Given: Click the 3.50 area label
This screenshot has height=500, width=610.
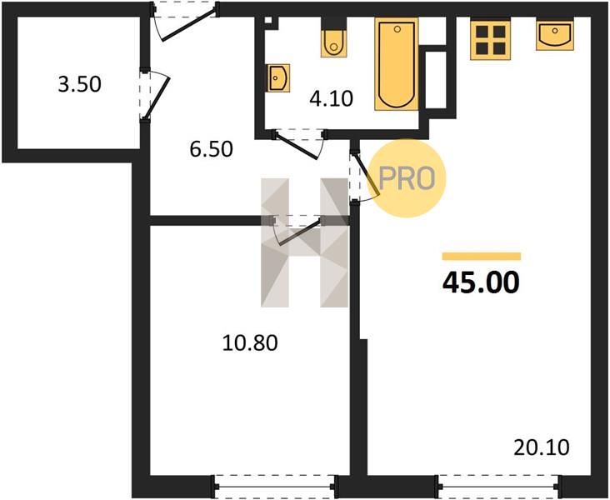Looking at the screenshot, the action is tap(79, 84).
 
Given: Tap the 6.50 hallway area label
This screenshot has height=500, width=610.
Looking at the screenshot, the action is tap(211, 149).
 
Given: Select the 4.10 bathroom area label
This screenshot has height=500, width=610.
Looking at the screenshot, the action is tap(331, 98).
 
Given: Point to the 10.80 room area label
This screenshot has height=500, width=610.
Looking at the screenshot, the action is tap(250, 343).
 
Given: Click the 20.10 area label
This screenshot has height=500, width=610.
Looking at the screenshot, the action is tap(541, 447).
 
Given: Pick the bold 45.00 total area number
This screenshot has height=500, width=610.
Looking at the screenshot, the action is tap(481, 282).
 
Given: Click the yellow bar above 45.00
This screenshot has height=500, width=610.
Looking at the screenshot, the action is tap(481, 256).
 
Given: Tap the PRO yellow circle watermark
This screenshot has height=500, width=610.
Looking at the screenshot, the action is tap(406, 178).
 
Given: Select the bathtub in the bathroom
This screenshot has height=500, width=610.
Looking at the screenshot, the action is tap(397, 64).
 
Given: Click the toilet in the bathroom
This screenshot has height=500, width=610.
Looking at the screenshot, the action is tap(333, 43).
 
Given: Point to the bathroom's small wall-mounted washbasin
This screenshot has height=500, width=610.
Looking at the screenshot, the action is tap(279, 78).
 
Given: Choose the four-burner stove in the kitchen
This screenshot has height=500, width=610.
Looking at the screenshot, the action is tap(490, 40).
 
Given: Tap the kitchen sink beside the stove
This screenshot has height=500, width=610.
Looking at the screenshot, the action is tap(555, 35).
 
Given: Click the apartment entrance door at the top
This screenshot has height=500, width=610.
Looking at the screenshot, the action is tap(185, 19).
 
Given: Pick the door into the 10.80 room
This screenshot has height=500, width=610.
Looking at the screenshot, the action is tap(297, 230).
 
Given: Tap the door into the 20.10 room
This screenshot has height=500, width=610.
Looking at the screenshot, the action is tap(363, 176).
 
